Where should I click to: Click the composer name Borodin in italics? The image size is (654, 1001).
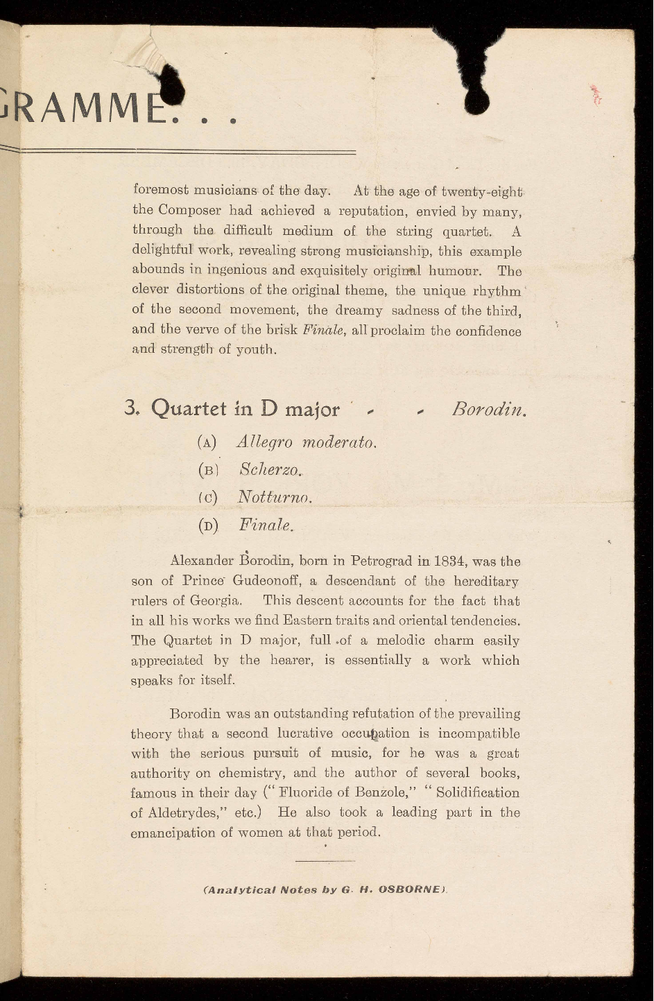488,410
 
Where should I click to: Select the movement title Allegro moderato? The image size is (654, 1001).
307,442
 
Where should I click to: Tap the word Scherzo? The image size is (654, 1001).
270,469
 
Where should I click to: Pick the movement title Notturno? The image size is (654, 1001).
275,497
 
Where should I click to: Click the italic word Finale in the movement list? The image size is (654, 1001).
266,525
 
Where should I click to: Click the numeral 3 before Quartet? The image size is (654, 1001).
131,408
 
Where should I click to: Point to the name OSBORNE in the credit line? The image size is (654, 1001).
411,889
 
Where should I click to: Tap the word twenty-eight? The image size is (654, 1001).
482,191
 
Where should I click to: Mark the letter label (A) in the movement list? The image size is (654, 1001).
207,442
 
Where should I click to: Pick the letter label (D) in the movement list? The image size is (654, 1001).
207,525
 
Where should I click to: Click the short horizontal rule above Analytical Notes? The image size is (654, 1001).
325,861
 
